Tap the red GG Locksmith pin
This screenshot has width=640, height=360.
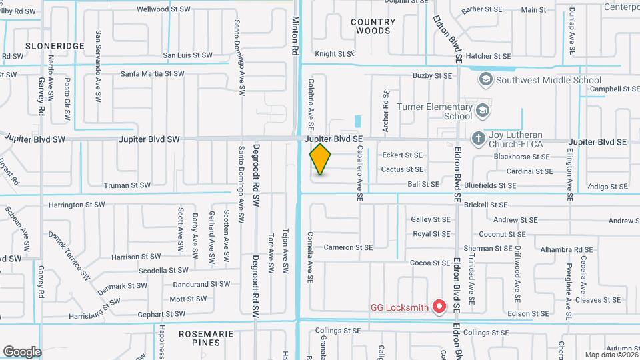point(439,306)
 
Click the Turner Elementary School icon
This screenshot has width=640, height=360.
point(482,110)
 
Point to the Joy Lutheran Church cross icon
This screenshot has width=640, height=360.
point(477,138)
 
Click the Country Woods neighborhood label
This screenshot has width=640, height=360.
point(373,26)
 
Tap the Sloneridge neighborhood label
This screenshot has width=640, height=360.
point(55,46)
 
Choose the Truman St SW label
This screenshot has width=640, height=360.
point(127,185)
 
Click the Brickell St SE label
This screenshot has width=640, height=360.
point(486,205)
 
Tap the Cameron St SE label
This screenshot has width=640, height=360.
point(347,247)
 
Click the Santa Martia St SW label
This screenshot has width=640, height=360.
point(153,73)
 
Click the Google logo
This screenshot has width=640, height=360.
point(22,351)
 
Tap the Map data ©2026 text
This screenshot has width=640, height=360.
point(610,355)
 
